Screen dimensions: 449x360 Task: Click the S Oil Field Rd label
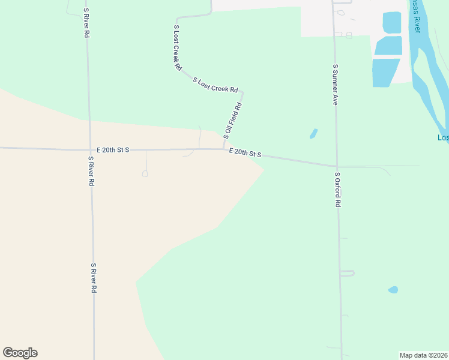point(232,121)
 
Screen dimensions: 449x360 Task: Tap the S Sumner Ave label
point(336,85)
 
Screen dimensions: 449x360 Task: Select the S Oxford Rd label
point(338,190)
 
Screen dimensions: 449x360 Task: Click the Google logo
point(20,353)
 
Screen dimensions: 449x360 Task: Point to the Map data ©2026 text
point(424,355)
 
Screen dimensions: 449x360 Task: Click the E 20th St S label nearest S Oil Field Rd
point(245,154)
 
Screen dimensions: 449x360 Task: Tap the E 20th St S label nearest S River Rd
point(113,149)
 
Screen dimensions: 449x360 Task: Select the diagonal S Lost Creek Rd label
point(215,85)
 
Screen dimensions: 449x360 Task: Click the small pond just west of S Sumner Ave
point(313,133)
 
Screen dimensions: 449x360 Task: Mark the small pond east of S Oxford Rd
point(393,290)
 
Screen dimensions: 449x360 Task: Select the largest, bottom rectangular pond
point(385,72)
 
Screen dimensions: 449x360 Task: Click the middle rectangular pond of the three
point(388,46)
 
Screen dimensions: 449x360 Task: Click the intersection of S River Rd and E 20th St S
point(90,148)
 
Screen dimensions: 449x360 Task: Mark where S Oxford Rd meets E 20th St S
point(337,166)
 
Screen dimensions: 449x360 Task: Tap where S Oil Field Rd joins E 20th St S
point(224,149)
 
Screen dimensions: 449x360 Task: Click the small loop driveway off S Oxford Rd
point(348,273)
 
